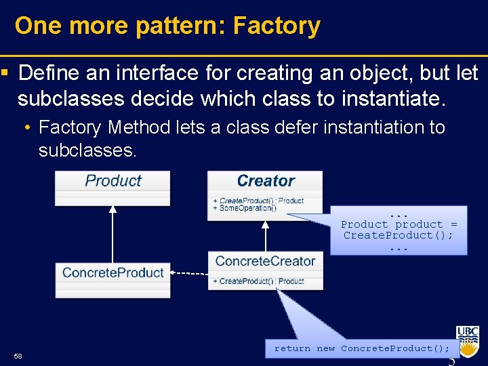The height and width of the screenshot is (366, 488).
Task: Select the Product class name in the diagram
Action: click(113, 181)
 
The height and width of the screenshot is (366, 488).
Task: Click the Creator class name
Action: click(265, 181)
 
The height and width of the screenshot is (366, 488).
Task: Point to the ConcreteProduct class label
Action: click(113, 272)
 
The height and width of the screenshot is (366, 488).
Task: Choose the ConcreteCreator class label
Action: click(265, 261)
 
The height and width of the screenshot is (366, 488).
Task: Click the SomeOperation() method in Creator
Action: click(245, 208)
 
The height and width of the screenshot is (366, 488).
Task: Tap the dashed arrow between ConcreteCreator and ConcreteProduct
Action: click(189, 272)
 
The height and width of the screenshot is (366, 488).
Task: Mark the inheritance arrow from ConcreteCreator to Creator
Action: click(265, 234)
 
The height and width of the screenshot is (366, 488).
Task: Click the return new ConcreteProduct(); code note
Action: click(361, 348)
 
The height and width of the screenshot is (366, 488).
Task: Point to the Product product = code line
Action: click(399, 224)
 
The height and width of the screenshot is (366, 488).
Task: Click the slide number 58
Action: click(18, 357)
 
